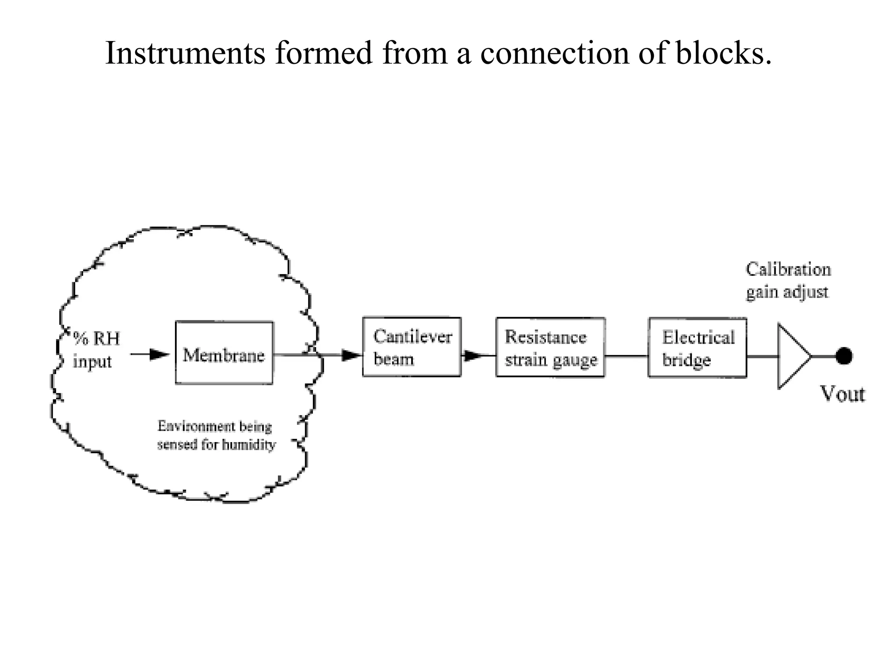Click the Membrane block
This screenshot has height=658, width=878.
224,353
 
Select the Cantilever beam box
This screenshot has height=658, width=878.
412,347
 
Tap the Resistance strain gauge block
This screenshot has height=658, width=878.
550,347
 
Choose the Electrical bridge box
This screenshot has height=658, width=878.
697,347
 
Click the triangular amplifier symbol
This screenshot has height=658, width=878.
792,356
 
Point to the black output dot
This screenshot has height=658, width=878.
844,356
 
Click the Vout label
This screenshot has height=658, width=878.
842,394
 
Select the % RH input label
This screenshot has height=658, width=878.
95,350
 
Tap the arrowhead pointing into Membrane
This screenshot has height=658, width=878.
159,355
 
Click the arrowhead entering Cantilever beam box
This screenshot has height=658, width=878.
352,355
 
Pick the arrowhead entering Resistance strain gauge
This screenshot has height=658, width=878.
473,356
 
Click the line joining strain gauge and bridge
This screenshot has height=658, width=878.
626,356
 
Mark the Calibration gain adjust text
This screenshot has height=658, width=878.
788,281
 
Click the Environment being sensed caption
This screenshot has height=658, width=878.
216,435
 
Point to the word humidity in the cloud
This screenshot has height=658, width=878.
249,445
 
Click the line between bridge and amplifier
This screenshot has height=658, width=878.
762,356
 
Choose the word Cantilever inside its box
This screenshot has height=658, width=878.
412,337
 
